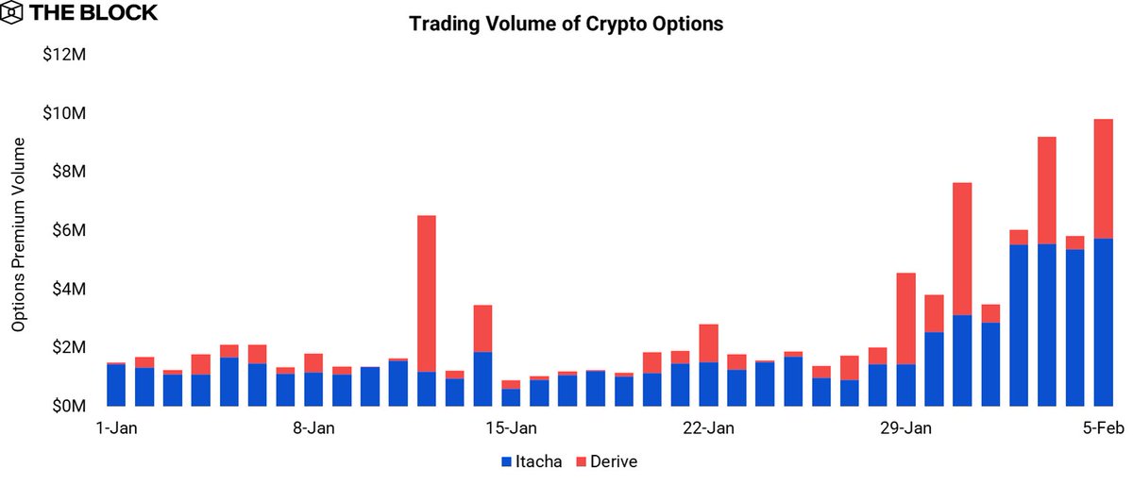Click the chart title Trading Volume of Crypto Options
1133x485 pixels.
[566, 25]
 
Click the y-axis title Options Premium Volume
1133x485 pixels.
[19, 232]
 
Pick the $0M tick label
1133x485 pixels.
[68, 407]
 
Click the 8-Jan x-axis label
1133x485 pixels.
[313, 428]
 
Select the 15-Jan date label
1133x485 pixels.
[511, 428]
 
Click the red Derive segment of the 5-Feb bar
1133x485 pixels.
[1103, 178]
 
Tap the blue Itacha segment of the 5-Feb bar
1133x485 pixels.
[1103, 322]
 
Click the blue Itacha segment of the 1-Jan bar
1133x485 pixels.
[116, 385]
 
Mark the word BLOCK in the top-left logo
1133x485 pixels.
[123, 15]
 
